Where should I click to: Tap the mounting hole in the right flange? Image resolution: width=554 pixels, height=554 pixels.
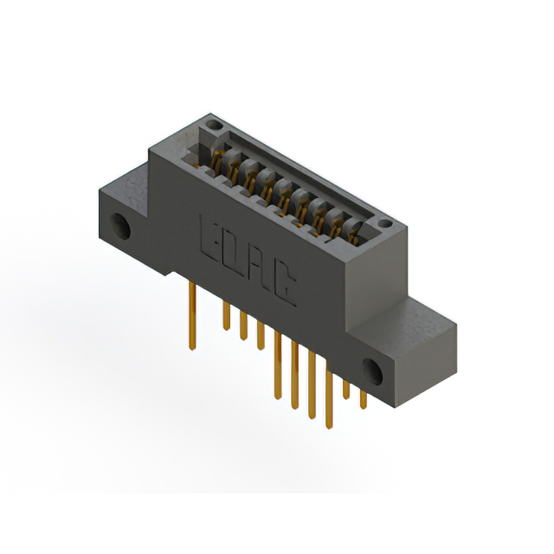click(375, 370)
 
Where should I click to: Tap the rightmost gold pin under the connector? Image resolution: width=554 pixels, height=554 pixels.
click(363, 398)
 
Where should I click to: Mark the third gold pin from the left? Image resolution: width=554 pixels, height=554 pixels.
click(243, 329)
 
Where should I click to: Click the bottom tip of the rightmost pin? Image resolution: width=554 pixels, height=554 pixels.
click(363, 408)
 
